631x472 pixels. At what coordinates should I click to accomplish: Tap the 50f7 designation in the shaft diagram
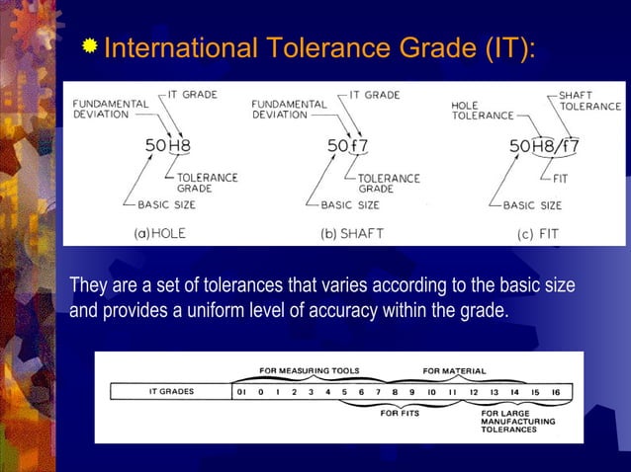[349, 146]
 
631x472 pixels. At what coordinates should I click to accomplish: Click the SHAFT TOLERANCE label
[589, 100]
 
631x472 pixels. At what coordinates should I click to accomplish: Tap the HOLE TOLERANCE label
[482, 110]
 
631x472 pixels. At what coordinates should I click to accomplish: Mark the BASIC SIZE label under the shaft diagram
[349, 205]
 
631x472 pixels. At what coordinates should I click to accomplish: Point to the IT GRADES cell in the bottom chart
[170, 392]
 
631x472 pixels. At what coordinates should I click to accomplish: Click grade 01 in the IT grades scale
[240, 392]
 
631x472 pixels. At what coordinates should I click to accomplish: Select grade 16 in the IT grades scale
[556, 392]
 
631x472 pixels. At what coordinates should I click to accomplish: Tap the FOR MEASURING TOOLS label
[309, 371]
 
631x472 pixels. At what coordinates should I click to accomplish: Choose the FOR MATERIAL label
[454, 371]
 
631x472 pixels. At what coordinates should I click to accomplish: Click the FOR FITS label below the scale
[400, 414]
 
